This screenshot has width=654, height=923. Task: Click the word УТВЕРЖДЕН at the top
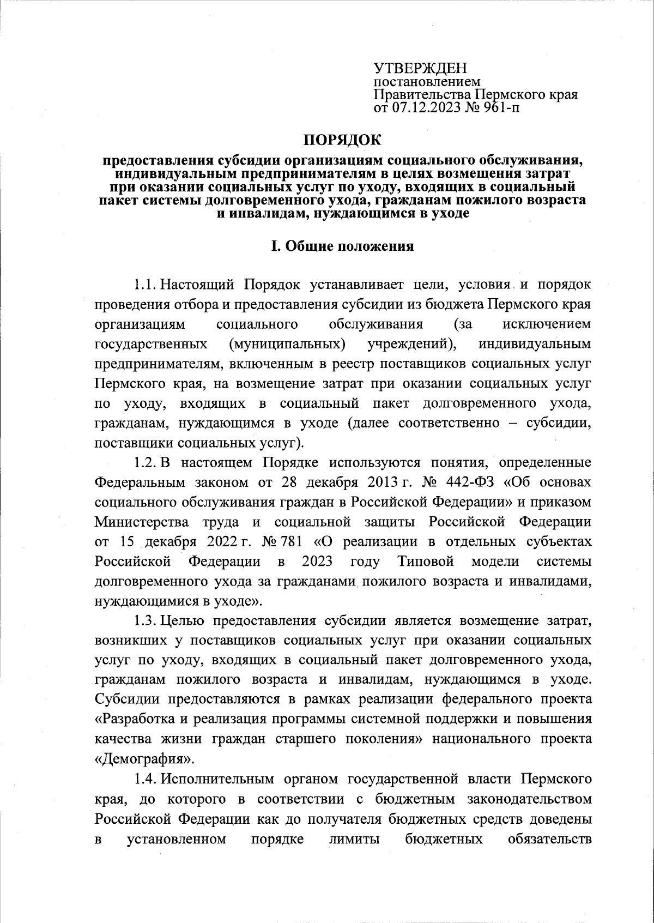(420, 69)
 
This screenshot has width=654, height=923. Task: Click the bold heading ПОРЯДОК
(342, 140)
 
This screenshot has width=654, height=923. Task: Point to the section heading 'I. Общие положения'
(343, 246)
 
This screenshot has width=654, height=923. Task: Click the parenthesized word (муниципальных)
(287, 344)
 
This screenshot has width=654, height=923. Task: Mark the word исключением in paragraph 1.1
(546, 324)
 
